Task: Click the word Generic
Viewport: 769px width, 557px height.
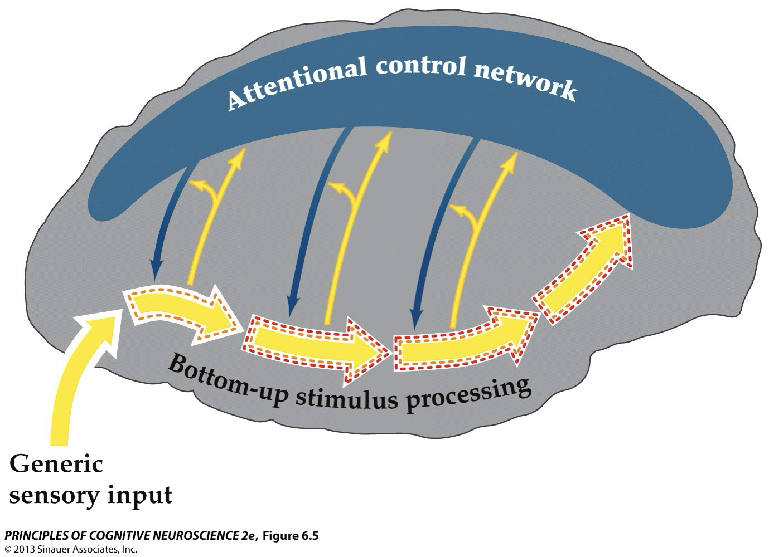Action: [x=56, y=464]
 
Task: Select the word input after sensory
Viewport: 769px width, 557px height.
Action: [x=140, y=495]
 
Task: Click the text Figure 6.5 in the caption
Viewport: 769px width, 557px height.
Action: [x=291, y=536]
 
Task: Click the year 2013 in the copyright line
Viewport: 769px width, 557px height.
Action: [x=25, y=549]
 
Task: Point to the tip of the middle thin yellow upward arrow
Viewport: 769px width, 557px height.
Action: [x=383, y=135]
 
